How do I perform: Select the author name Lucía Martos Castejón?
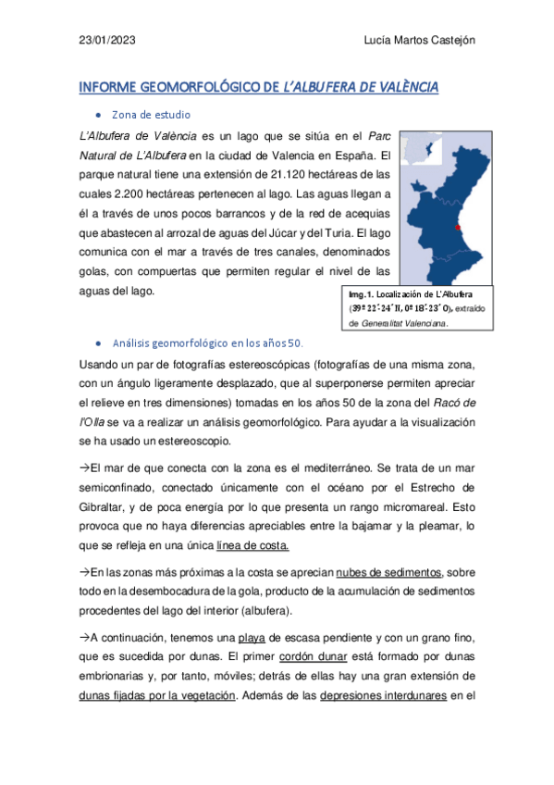(x=421, y=40)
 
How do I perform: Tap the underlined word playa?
(x=252, y=637)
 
